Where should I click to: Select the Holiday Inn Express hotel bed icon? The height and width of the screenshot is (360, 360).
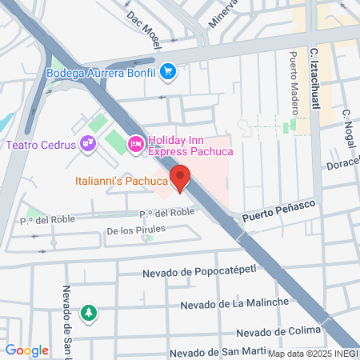click(x=135, y=144)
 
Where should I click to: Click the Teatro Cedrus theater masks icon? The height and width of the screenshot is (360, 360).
click(x=88, y=145)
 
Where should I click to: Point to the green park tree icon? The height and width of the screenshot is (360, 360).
click(x=89, y=311)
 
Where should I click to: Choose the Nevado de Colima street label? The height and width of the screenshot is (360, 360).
click(x=278, y=332)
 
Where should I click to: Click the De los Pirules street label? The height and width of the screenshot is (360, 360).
click(x=136, y=230)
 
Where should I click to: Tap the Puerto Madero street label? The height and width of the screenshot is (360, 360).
click(x=293, y=80)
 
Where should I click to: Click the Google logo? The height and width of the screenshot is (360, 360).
click(x=26, y=350)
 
